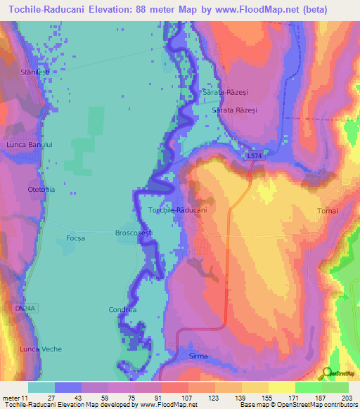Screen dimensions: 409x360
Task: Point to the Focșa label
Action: [75, 238]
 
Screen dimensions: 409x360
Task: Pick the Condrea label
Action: [122, 309]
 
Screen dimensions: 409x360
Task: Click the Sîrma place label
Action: [198, 356]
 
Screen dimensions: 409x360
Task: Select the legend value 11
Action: [26, 397]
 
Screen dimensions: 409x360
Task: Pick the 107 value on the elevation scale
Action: [188, 397]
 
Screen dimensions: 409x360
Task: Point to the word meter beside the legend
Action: [11, 397]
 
